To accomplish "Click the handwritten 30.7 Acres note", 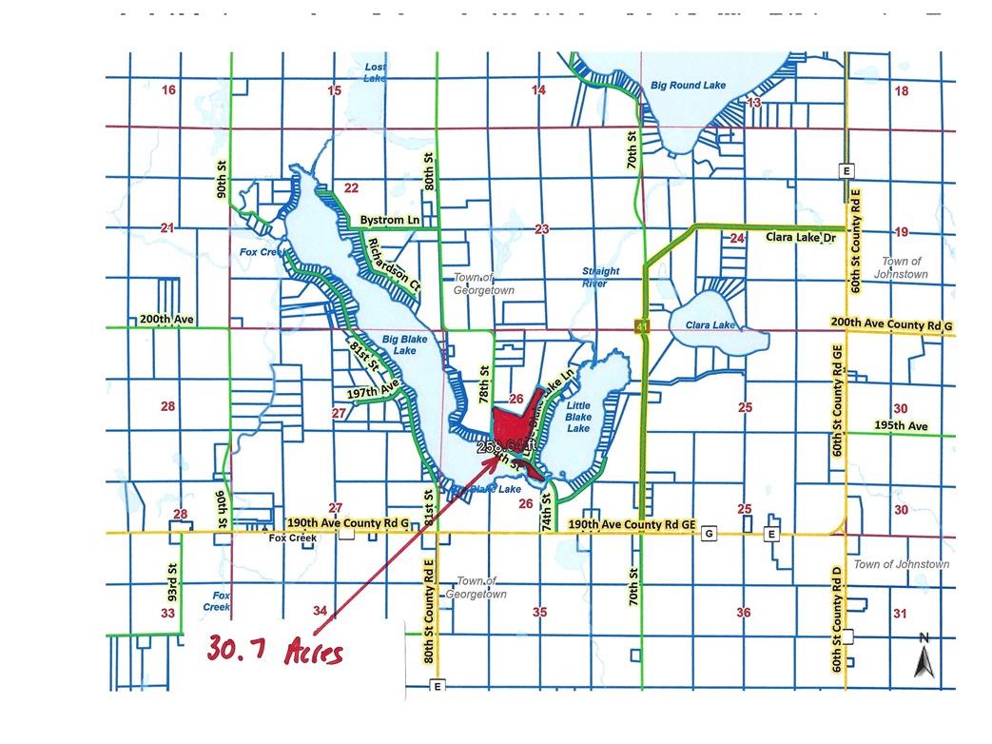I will pyautogui.click(x=276, y=651).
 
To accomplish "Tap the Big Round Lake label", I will pyautogui.click(x=688, y=86).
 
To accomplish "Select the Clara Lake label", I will pyautogui.click(x=710, y=325).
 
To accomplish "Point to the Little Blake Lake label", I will pyautogui.click(x=577, y=417).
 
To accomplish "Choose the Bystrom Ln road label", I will pyautogui.click(x=389, y=220).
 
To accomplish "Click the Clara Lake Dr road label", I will pyautogui.click(x=800, y=237).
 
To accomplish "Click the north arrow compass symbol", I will pyautogui.click(x=924, y=656).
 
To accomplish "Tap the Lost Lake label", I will pyautogui.click(x=376, y=72).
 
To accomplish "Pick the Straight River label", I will pyautogui.click(x=600, y=277).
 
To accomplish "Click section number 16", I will pyautogui.click(x=169, y=90).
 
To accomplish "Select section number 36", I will pyautogui.click(x=744, y=613).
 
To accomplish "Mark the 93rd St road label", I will pyautogui.click(x=174, y=579).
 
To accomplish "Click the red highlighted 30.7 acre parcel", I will pyautogui.click(x=514, y=419).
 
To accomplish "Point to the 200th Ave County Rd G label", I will pyautogui.click(x=891, y=325).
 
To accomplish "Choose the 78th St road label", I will pyautogui.click(x=484, y=382).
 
